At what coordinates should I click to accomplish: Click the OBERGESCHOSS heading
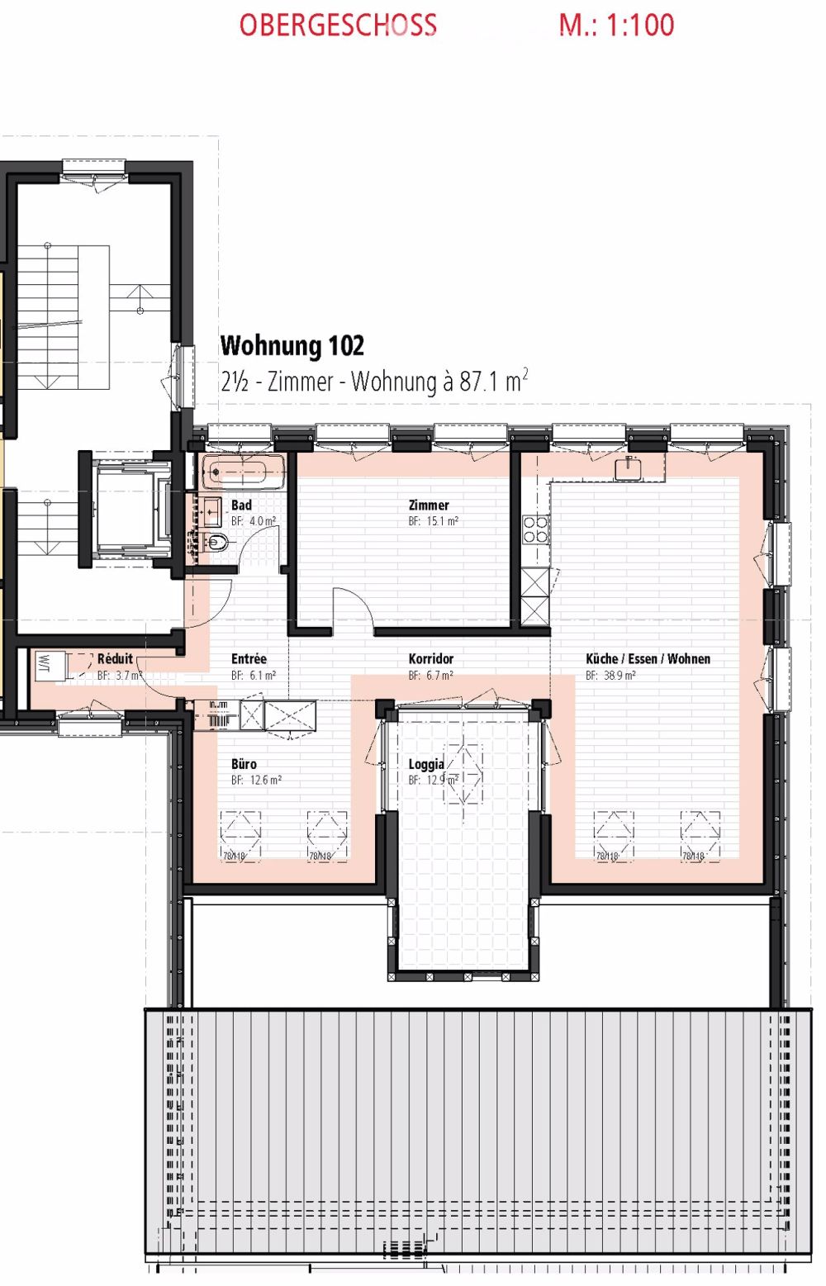[x=338, y=26]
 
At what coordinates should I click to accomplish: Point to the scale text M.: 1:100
[x=616, y=26]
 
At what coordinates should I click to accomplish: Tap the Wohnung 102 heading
[x=292, y=345]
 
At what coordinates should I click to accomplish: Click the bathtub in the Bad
[x=243, y=472]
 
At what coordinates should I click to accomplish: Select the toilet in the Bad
[x=216, y=543]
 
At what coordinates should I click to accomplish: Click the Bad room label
[x=241, y=505]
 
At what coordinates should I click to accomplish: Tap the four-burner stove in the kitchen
[x=535, y=529]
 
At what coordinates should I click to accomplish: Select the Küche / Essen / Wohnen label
[x=648, y=659]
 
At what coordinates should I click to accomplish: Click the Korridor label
[x=430, y=659]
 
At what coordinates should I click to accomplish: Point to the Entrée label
[x=249, y=659]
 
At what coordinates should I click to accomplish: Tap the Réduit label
[x=115, y=659]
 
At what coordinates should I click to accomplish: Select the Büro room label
[x=244, y=764]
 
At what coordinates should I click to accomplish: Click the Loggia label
[x=425, y=764]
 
